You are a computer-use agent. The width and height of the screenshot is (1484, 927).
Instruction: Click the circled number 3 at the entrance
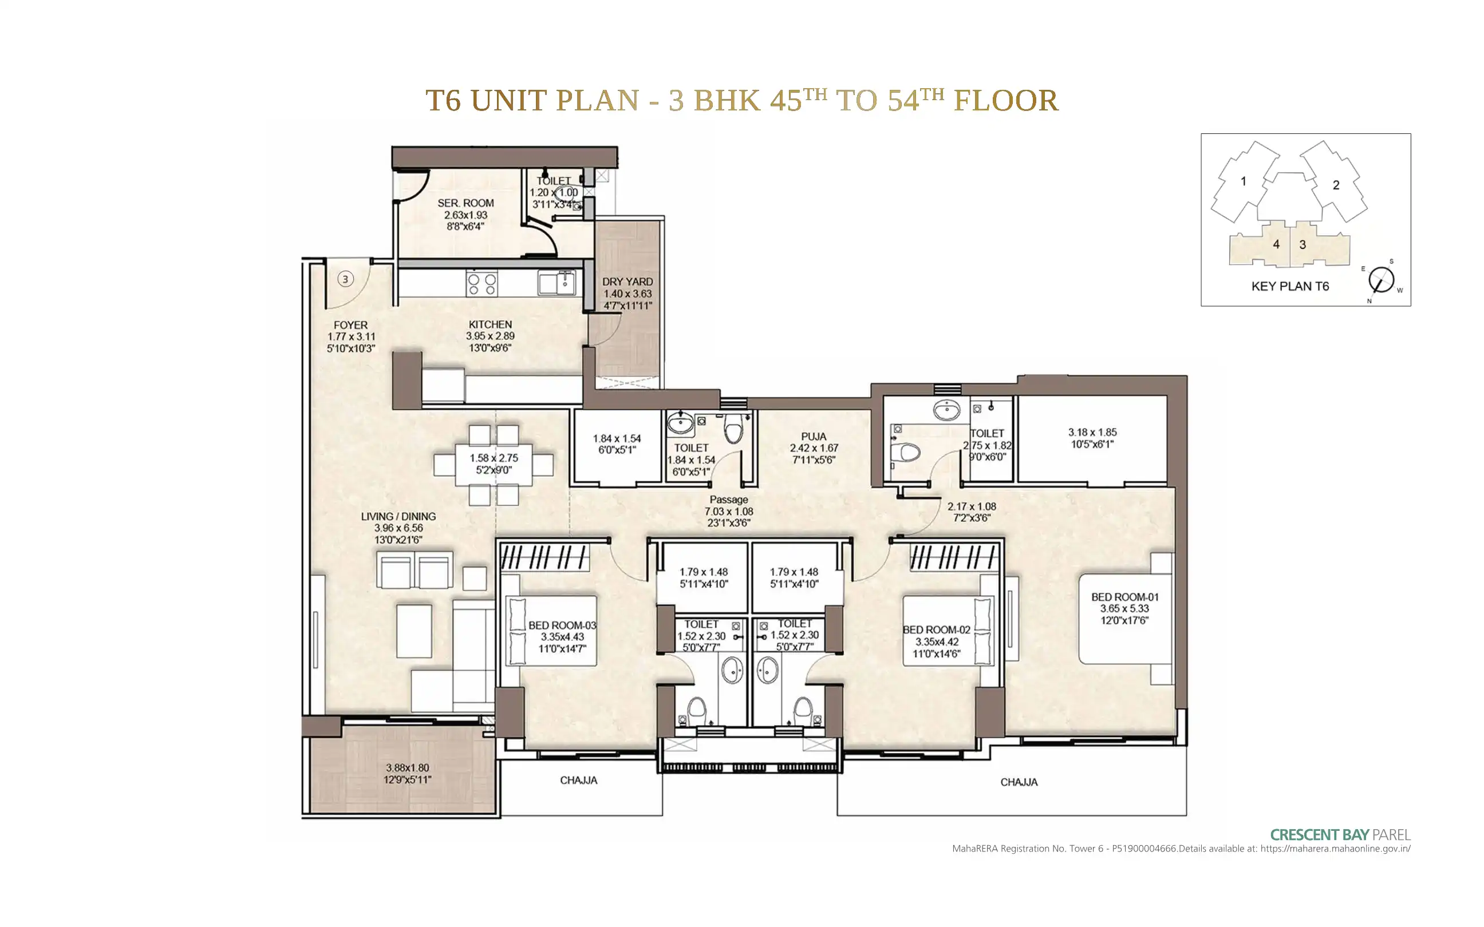(345, 280)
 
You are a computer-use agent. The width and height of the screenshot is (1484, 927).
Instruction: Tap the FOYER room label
(351, 325)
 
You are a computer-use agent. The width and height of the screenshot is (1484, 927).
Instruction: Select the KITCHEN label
(490, 324)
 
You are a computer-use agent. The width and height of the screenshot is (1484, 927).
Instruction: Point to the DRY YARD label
(627, 282)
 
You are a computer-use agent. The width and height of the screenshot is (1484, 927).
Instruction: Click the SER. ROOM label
(465, 203)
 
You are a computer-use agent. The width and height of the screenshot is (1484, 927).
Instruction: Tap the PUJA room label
(814, 437)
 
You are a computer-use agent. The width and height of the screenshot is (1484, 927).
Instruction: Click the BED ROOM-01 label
(1124, 596)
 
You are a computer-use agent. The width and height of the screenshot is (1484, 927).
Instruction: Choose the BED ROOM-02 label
(937, 629)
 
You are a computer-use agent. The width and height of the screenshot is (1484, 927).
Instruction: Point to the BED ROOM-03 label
(562, 625)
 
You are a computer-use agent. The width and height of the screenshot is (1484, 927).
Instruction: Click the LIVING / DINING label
(398, 516)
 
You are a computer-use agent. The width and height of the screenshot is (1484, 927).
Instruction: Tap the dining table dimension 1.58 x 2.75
(494, 458)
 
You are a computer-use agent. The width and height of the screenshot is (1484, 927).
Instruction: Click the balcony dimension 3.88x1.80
(407, 767)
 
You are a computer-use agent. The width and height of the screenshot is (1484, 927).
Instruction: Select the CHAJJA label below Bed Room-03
(578, 781)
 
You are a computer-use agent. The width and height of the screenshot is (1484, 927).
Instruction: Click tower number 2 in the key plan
(1336, 185)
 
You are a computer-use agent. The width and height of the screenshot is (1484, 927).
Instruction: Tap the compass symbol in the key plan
(1382, 281)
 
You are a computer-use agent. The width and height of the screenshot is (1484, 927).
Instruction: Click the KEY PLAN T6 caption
(1290, 286)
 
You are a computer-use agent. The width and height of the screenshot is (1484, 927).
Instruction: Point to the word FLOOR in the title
(1006, 101)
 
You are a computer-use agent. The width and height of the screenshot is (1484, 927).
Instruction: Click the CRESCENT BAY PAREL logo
(1340, 834)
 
